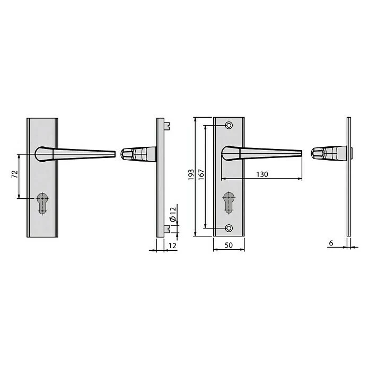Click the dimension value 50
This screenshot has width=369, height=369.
(x=229, y=245)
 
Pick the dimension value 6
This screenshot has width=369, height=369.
(x=331, y=243)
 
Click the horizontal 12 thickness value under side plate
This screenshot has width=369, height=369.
(x=173, y=245)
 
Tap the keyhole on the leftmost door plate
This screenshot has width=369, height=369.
(x=42, y=204)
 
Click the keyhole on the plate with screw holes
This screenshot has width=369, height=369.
(x=229, y=202)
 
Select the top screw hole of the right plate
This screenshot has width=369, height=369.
(x=229, y=125)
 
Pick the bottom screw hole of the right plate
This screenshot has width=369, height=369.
(x=229, y=228)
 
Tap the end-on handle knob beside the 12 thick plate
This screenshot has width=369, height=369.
(x=127, y=153)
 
